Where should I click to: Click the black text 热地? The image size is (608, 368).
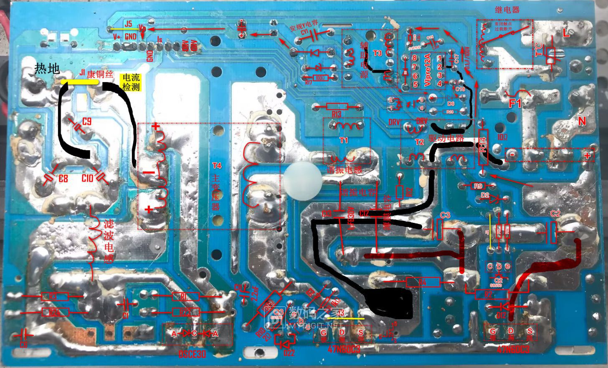point(47,68)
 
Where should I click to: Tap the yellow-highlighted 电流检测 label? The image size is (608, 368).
point(130,82)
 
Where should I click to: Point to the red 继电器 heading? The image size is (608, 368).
point(507,9)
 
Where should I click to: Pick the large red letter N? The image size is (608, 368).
point(582,121)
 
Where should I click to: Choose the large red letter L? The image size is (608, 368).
point(566,34)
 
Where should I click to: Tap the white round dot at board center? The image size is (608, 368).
point(303,181)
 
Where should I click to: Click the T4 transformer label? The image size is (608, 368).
point(217,166)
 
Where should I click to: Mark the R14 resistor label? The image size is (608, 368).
point(483,146)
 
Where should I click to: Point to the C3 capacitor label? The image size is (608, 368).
point(445,215)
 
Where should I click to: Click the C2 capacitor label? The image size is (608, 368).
point(555,214)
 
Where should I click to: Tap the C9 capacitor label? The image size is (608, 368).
point(87,122)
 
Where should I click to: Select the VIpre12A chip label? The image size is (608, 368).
point(428,70)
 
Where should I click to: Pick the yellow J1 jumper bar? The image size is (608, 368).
point(80,82)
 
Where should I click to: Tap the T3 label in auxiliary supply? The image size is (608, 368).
point(377,53)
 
